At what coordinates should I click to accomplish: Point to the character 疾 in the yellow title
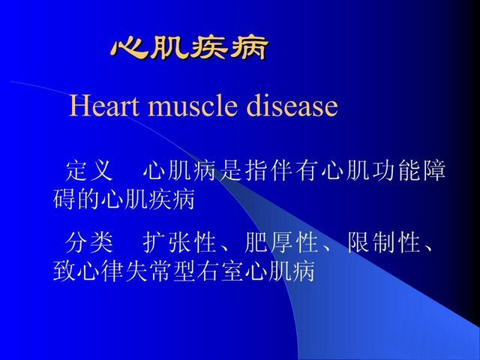(x=209, y=48)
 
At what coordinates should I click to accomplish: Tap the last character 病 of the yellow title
(x=248, y=48)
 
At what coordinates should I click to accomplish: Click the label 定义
(x=89, y=170)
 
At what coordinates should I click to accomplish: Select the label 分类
(x=89, y=242)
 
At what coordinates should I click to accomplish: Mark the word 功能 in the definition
(x=396, y=170)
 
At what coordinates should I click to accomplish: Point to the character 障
(x=433, y=170)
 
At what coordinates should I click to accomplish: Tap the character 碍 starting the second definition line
(x=65, y=199)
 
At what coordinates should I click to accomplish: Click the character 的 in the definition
(x=88, y=199)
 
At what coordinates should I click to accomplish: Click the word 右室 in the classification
(x=220, y=271)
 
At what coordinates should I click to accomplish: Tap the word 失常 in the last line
(x=149, y=271)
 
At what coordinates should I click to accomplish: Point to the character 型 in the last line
(x=184, y=271)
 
